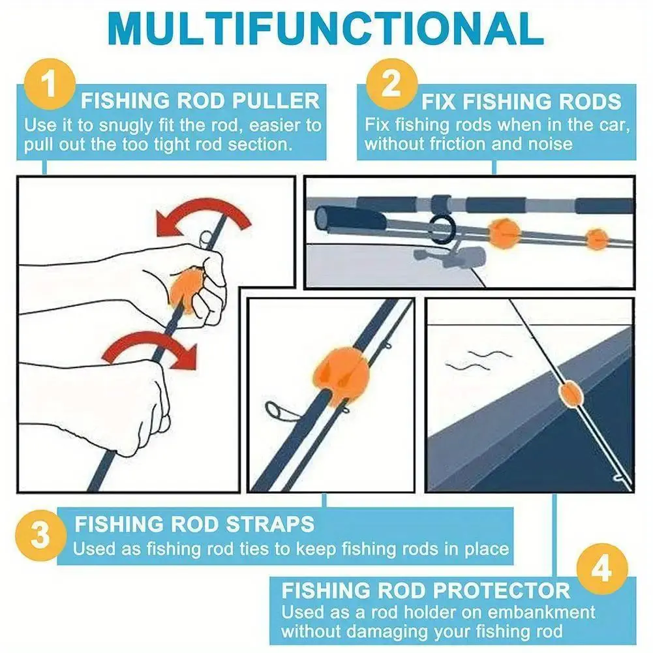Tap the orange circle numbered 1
50,84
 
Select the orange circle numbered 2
391,84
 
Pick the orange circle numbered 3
40,535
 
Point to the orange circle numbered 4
601,569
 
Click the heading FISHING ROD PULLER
200,100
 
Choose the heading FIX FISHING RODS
521,102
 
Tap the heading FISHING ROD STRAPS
194,524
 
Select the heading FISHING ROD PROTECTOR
425,590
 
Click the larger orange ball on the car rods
504,233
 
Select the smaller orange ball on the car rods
597,239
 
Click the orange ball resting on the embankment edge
568,394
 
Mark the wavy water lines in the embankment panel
479,361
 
